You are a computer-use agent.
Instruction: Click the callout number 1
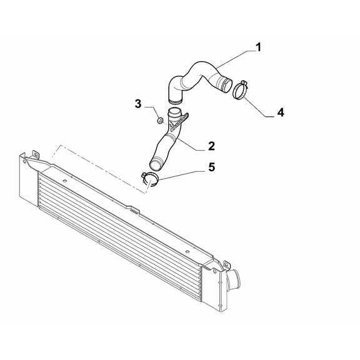[258, 47]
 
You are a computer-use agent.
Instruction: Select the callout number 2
[211, 146]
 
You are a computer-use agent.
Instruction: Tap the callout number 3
[138, 104]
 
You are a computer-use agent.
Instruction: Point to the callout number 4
[281, 112]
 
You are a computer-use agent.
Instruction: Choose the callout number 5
[211, 167]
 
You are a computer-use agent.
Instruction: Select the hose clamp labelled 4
[240, 90]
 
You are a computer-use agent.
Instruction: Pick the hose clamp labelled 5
[150, 179]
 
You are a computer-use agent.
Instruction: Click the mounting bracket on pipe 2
[181, 121]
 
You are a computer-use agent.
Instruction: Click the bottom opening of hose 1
[175, 101]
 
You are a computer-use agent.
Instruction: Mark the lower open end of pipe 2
[156, 164]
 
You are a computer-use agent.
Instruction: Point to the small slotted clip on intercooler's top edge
[134, 211]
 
